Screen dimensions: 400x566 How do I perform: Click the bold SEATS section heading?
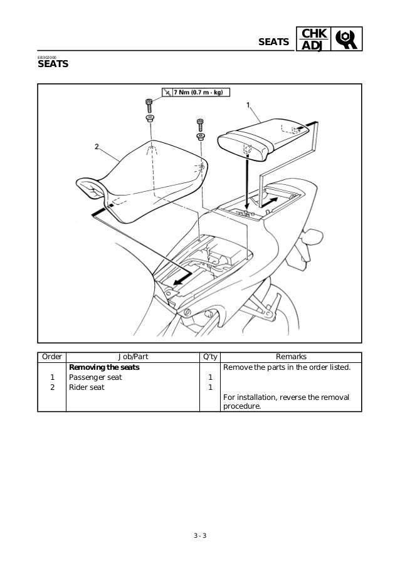(53, 65)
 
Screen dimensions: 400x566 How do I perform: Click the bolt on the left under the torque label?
(150, 104)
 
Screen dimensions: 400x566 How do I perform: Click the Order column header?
(52, 356)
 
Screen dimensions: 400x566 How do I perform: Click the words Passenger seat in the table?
(95, 377)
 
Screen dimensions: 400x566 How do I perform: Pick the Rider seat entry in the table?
(87, 387)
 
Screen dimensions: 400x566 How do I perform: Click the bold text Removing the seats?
(103, 367)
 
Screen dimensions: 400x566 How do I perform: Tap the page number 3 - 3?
(200, 535)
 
